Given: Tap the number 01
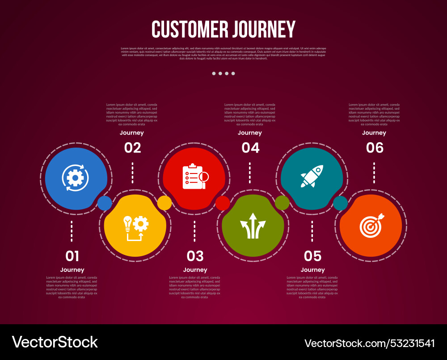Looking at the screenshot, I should click(x=72, y=256).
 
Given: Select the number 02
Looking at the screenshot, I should click(x=132, y=148).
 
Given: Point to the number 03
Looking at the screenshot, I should click(x=195, y=256).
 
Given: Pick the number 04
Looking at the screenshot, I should click(x=250, y=148).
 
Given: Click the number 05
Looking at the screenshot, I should click(x=312, y=256).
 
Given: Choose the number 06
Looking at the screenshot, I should click(x=375, y=148).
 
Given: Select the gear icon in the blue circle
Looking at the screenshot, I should click(x=75, y=178).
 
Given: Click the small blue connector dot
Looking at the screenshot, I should click(x=105, y=203).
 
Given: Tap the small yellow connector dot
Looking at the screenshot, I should click(x=164, y=203).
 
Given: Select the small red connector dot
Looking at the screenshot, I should click(x=223, y=203).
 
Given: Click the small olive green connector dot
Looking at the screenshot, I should click(x=282, y=203).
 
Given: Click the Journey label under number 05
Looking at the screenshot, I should click(x=312, y=270).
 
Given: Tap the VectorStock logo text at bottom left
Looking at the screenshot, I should click(x=55, y=342).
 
